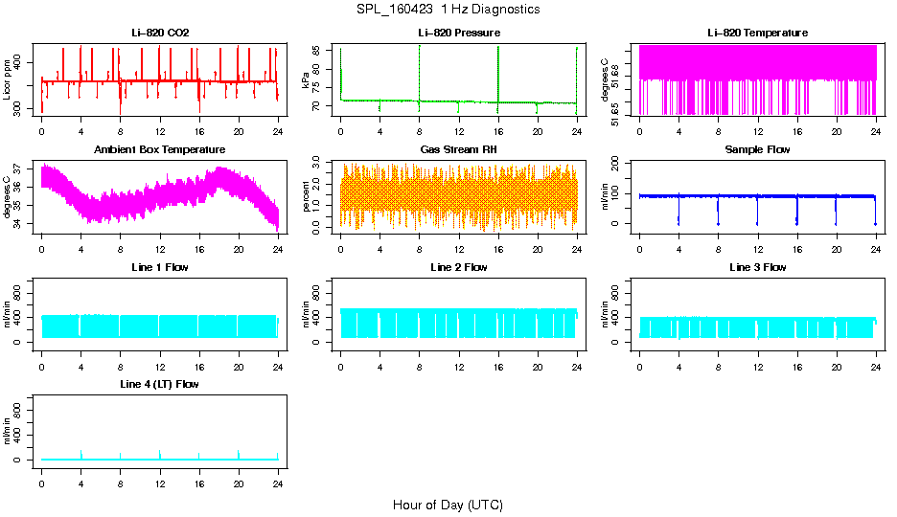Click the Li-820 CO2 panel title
[x=160, y=33]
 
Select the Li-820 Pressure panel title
[x=459, y=33]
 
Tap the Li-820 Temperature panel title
[x=757, y=33]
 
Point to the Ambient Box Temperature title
[x=160, y=149]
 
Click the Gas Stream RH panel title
[x=459, y=149]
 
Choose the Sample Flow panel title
[x=757, y=149]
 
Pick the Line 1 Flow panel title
[x=160, y=267]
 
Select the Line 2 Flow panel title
[x=459, y=267]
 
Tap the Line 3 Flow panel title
[x=757, y=267]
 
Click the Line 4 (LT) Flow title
[x=160, y=384]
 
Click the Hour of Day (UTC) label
[x=448, y=505]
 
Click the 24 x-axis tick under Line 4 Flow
[x=278, y=483]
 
